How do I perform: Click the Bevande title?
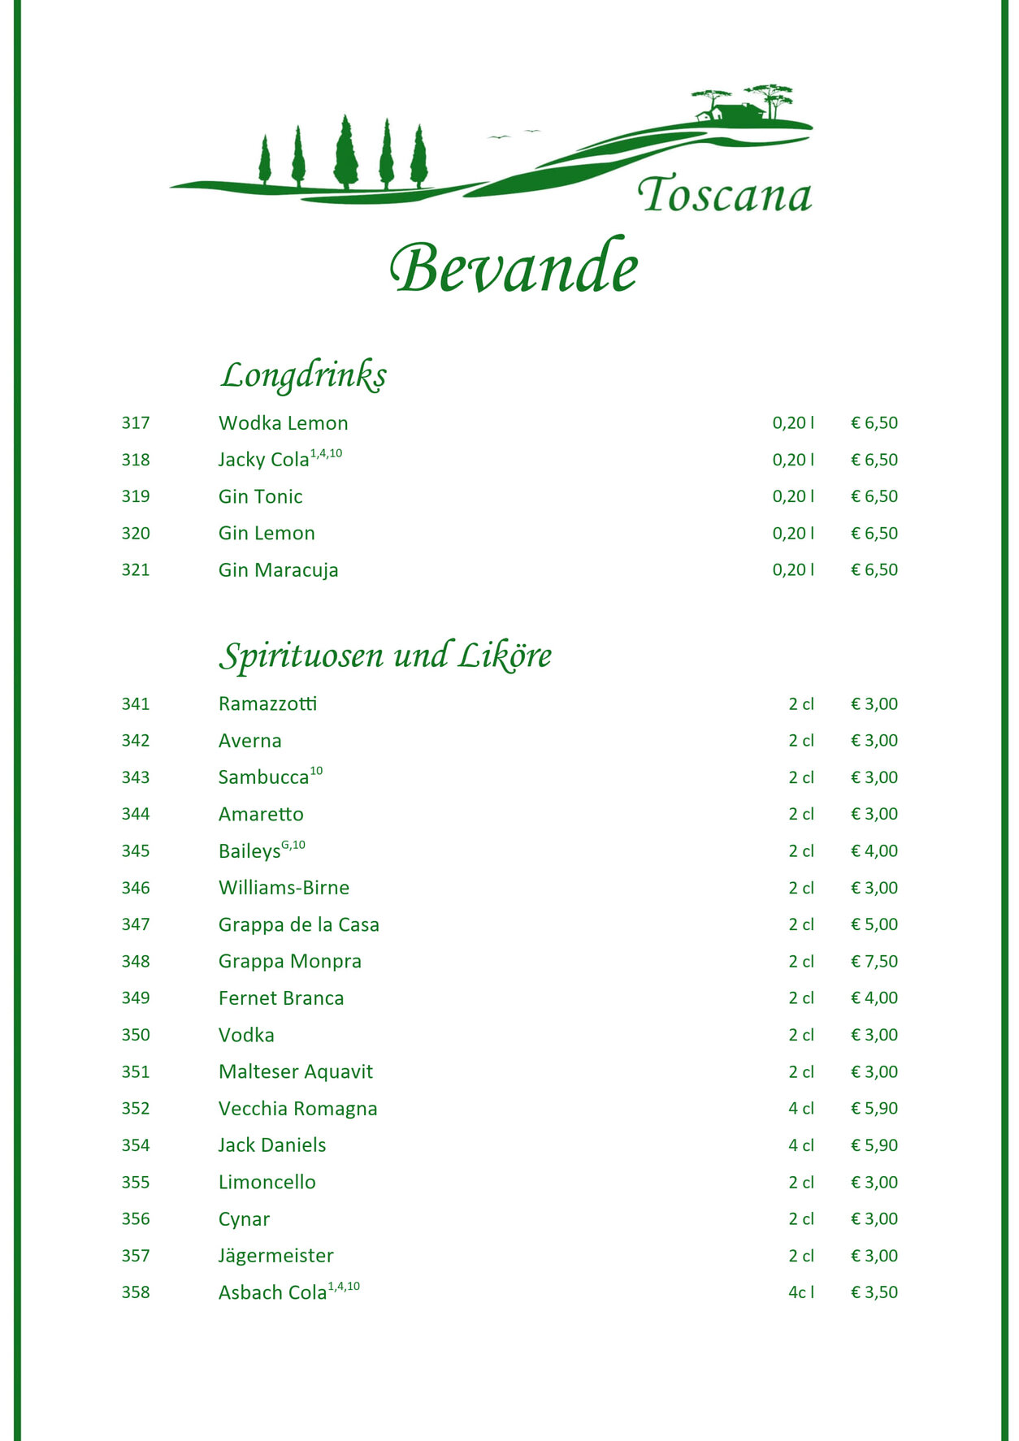514,268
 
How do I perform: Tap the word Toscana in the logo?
724,196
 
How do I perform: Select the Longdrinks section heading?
303,375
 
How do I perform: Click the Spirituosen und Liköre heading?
384,656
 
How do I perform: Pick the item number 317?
136,423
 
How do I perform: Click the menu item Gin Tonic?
260,496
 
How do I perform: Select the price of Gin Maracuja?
874,570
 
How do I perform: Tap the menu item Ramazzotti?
267,704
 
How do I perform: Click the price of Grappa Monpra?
874,962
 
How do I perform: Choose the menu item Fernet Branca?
280,998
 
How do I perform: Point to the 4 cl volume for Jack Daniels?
800,1145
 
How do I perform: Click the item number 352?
136,1109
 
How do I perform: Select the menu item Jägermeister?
275,1256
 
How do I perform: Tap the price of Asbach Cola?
874,1292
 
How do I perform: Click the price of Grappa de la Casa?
874,924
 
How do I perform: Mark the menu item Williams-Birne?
284,888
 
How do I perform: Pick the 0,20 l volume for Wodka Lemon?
793,423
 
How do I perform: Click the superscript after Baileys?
293,846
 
